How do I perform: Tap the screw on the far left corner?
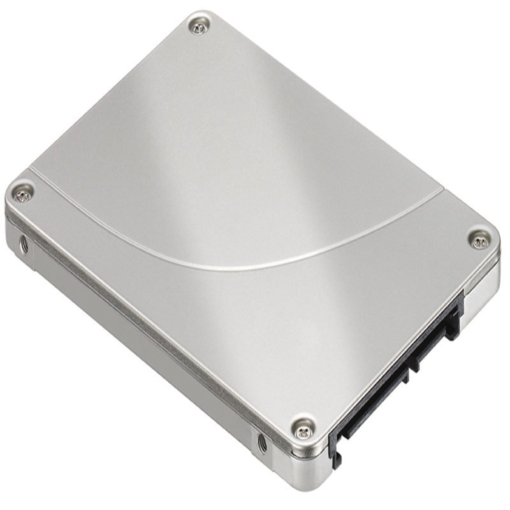tap(24, 190)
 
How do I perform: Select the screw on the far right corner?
tap(479, 240)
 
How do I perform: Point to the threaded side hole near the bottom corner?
tap(261, 441)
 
